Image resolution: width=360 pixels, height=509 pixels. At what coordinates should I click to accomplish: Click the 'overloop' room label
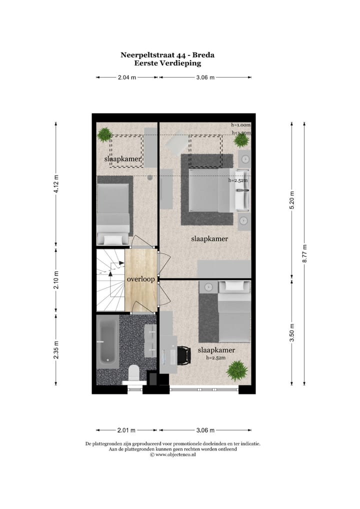(140, 278)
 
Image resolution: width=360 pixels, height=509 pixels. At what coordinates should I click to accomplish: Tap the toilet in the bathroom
(133, 373)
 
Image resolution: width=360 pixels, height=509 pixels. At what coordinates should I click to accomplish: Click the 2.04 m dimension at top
(126, 77)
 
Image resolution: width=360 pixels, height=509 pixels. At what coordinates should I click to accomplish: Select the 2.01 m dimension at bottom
(126, 430)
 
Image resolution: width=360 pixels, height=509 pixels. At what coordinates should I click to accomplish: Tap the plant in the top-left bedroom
(104, 134)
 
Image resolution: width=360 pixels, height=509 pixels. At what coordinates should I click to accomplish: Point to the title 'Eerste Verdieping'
(167, 63)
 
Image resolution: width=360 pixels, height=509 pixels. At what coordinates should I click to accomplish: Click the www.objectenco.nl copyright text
(172, 454)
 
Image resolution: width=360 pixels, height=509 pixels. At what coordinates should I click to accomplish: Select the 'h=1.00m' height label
(240, 125)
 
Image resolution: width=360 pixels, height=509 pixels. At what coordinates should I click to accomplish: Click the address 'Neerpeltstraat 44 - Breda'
(167, 55)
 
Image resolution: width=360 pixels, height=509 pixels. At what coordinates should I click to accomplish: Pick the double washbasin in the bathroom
(150, 340)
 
